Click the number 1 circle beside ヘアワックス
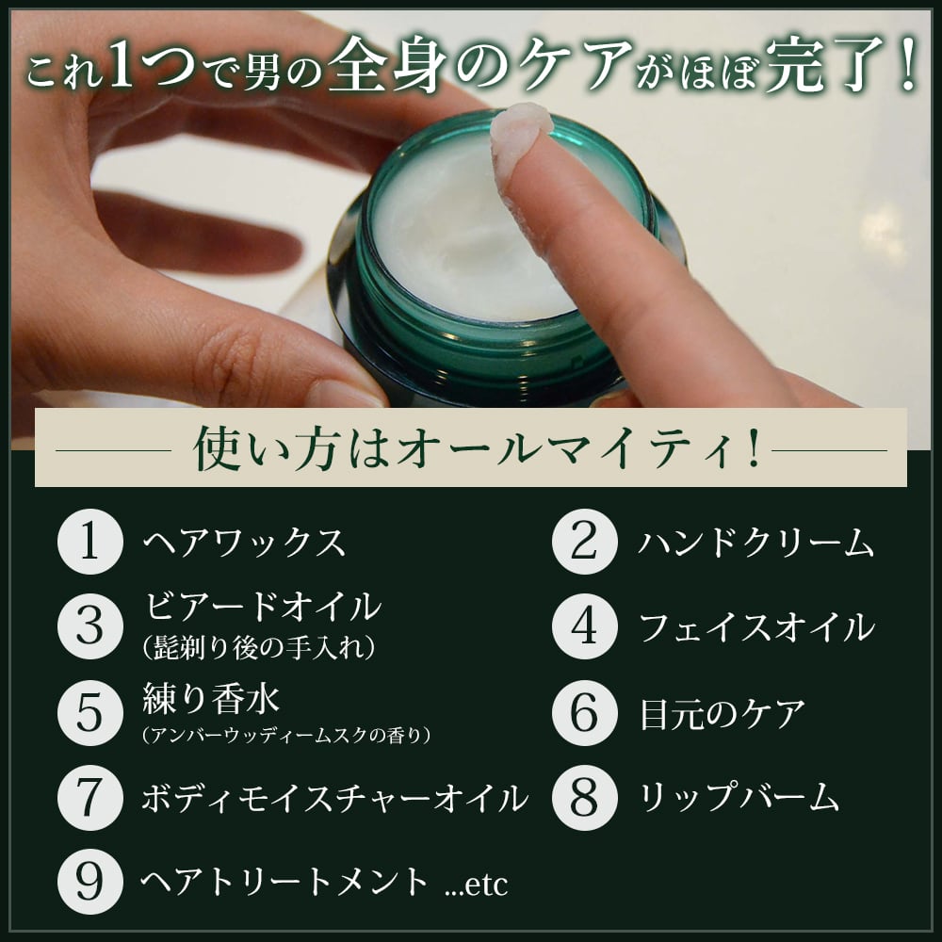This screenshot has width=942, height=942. click(x=89, y=544)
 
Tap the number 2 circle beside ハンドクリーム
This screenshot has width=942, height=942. click(x=584, y=544)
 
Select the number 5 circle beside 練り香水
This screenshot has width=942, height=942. click(x=89, y=713)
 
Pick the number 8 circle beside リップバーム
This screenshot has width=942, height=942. click(x=584, y=797)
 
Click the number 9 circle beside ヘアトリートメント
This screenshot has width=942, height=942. click(x=89, y=882)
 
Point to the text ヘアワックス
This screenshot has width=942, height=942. click(x=244, y=544)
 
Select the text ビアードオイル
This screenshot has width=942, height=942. click(x=261, y=606)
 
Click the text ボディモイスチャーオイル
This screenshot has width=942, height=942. click(x=333, y=799)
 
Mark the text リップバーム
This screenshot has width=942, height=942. click(x=739, y=798)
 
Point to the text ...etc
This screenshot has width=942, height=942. click(x=476, y=884)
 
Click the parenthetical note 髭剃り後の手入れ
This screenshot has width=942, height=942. click(x=259, y=647)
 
